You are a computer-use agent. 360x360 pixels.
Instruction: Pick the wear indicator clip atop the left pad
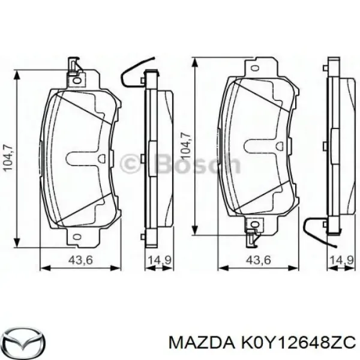click(73, 64)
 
